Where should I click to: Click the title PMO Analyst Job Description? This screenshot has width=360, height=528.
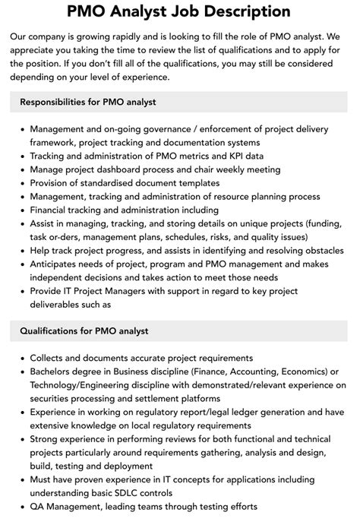click(179, 11)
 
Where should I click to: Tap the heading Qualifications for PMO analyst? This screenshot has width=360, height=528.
click(84, 330)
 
